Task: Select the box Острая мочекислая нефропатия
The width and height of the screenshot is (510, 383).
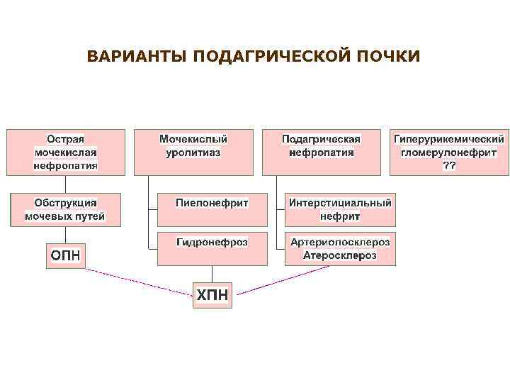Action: tap(66, 152)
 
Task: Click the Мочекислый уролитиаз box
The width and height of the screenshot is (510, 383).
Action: tap(193, 152)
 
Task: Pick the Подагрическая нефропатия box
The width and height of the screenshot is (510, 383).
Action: tap(321, 152)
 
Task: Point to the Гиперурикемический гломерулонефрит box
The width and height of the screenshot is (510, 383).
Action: tap(449, 152)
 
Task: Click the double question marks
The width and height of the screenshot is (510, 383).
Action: tap(449, 165)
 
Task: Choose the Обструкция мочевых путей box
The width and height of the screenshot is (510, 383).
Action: tap(64, 209)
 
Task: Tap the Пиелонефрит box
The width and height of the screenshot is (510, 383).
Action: tap(212, 209)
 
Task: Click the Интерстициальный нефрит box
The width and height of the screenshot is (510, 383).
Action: tap(340, 209)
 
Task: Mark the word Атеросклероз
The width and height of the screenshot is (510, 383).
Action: tap(340, 255)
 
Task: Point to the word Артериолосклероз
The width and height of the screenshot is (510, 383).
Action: tap(340, 243)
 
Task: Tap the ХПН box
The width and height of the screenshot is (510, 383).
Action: tap(212, 294)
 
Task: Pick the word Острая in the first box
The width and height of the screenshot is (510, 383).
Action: tap(66, 139)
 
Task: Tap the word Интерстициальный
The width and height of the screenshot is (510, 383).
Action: tap(340, 203)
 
